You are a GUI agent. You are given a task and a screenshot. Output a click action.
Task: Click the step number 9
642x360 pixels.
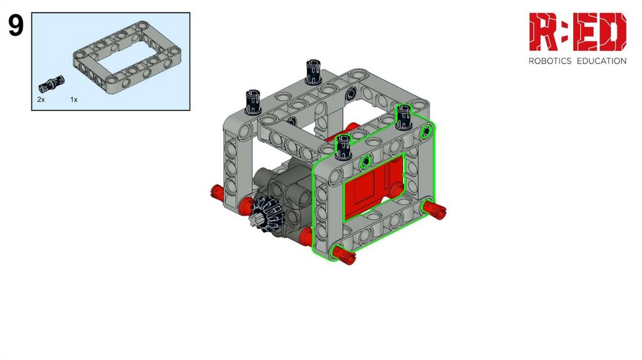(x=16, y=26)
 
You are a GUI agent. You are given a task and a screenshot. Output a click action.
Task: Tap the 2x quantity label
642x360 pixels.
(x=41, y=100)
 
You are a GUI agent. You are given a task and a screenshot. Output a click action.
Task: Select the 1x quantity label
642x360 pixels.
(x=74, y=100)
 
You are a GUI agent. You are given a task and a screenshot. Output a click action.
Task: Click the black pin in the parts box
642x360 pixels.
(x=51, y=83)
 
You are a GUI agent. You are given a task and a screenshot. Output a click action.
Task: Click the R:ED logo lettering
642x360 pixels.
(x=577, y=31)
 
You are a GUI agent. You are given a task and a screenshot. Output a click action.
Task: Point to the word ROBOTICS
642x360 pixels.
(x=550, y=61)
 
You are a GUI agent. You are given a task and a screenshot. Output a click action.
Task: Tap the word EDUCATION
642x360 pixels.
(x=601, y=61)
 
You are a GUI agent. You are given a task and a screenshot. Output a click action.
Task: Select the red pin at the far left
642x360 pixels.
(x=218, y=192)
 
